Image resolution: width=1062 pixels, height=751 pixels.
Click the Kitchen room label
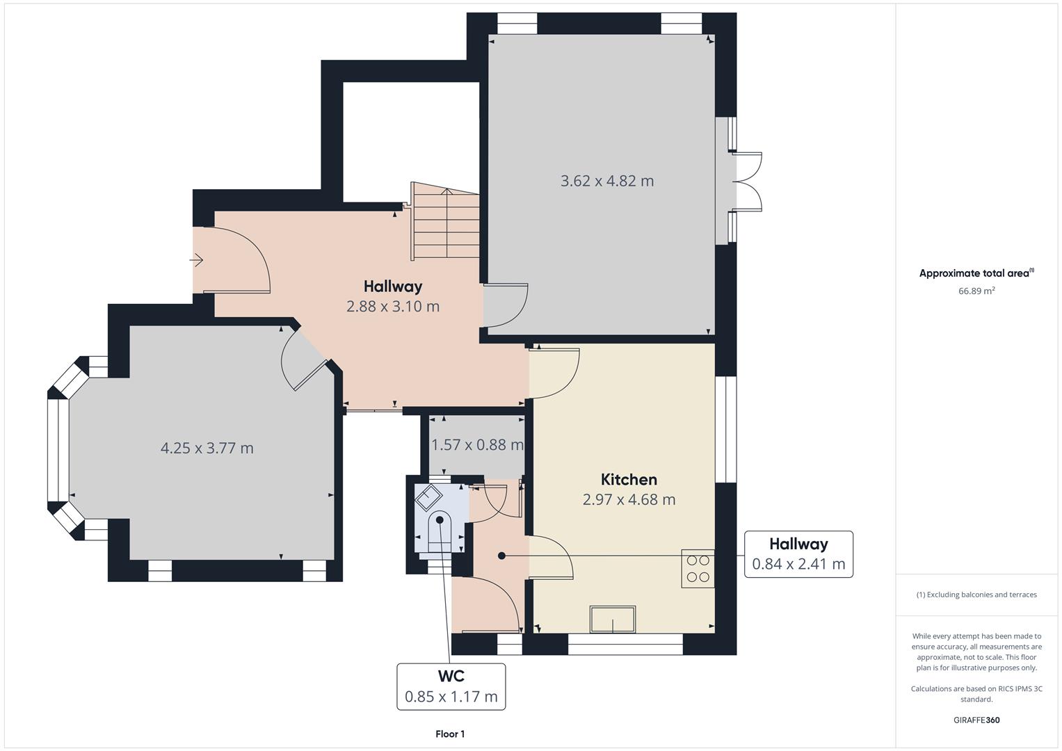629,479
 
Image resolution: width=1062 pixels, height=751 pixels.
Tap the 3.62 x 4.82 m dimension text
607,181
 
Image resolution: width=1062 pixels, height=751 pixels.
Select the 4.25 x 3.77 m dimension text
207,448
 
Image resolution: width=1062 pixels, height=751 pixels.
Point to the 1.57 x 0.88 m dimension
477,445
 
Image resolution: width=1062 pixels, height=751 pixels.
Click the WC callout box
451,686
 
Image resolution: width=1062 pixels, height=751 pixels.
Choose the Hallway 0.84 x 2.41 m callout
798,554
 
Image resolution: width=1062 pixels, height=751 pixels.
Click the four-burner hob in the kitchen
698,569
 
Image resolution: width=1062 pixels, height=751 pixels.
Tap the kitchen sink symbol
613,619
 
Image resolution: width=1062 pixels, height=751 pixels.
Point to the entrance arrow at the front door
196,260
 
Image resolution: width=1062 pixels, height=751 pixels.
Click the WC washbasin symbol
428,497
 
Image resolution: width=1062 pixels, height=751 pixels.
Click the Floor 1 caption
450,734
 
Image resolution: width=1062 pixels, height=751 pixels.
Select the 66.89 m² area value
976,291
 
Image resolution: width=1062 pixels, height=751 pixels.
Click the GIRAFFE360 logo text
976,720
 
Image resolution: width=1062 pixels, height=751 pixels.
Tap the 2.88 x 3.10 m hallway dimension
393,306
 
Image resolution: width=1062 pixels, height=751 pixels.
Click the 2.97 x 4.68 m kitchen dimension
629,499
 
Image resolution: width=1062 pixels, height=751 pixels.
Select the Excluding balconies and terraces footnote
976,595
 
